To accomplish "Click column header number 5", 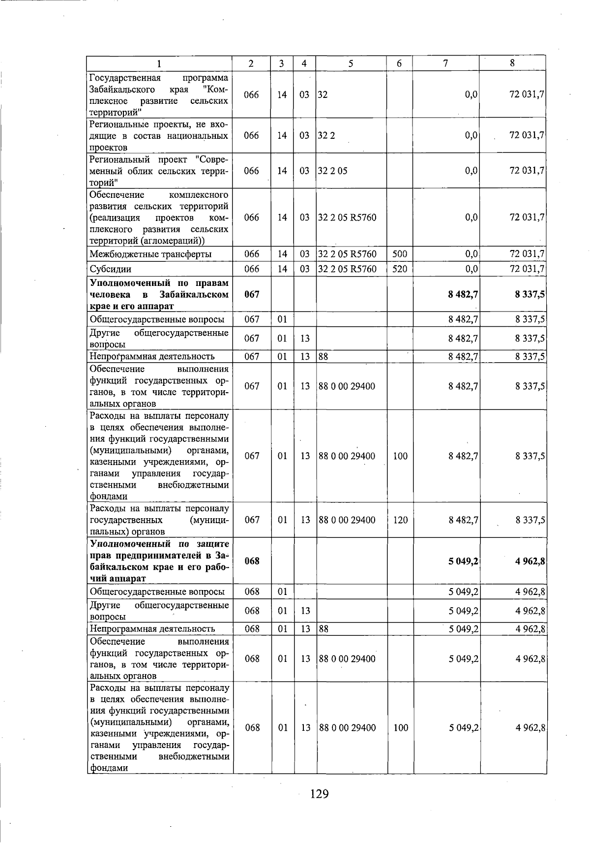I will pos(351,63).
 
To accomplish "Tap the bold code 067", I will pos(251,294).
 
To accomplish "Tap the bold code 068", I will pos(252,561).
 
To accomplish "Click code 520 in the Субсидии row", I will pos(400,269).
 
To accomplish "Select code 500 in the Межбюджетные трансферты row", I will pos(400,254).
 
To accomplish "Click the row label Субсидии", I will pos(105,269).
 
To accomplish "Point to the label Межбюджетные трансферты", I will pos(150,254).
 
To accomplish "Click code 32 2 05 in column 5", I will pos(333,171).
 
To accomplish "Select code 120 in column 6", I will pos(400,520).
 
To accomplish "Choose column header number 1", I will pos(159,63).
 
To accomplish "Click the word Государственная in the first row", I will pos(125,78).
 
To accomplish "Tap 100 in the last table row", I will pos(401,728).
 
